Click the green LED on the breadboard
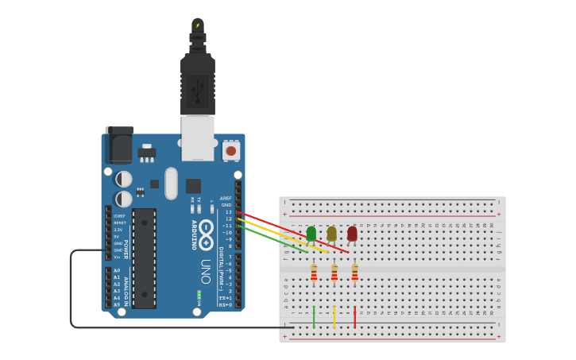click(x=311, y=233)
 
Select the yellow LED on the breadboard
click(x=331, y=233)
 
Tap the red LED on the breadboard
click(x=352, y=233)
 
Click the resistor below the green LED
click(x=314, y=273)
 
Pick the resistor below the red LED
click(x=354, y=273)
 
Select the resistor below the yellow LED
click(x=334, y=273)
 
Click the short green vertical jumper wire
click(x=314, y=316)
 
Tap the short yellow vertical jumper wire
click(x=334, y=316)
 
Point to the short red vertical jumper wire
click(x=354, y=316)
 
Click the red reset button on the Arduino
click(x=231, y=149)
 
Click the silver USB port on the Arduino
click(x=198, y=137)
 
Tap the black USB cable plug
click(x=198, y=83)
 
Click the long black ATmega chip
click(x=144, y=257)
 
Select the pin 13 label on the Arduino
click(x=228, y=212)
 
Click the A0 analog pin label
click(x=117, y=270)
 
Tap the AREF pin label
click(x=226, y=199)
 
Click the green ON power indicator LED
click(x=199, y=296)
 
